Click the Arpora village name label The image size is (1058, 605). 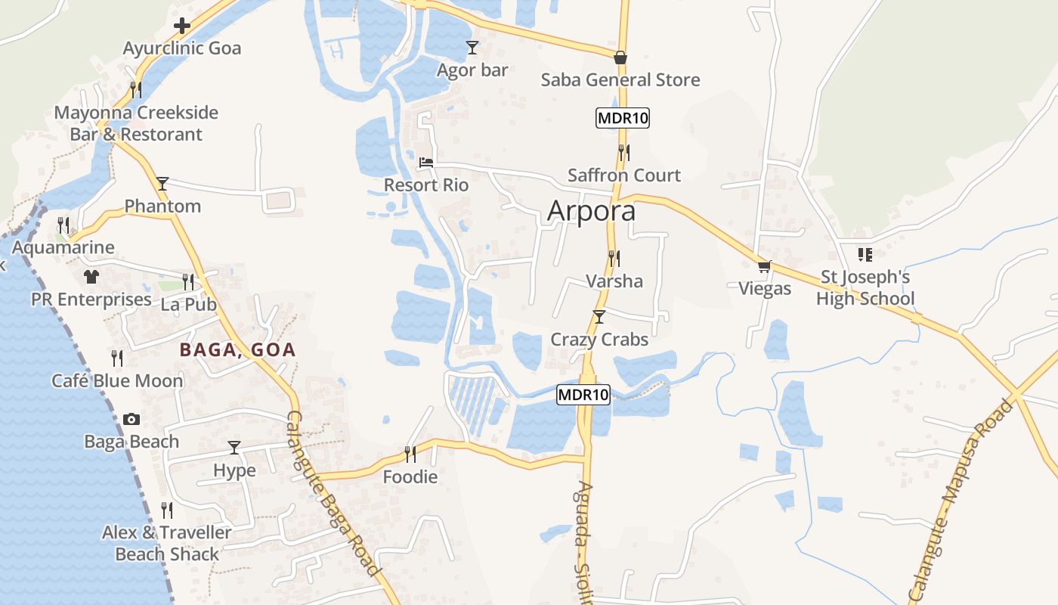(x=591, y=211)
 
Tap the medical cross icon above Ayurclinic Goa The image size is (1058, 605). (x=181, y=26)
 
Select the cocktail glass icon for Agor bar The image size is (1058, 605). (x=472, y=48)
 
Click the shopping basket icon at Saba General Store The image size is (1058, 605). (x=620, y=57)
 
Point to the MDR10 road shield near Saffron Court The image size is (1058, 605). (x=623, y=118)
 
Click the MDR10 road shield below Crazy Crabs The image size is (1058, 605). (x=583, y=394)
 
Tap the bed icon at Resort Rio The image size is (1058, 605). (x=426, y=162)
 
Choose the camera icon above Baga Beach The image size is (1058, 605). (x=131, y=419)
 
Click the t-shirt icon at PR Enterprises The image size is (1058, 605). (x=91, y=277)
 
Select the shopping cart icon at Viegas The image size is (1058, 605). (x=765, y=266)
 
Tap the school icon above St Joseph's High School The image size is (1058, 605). (x=865, y=254)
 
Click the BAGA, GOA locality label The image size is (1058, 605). (x=237, y=350)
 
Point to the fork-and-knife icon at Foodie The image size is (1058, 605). (x=410, y=454)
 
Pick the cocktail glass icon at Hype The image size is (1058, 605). (x=234, y=448)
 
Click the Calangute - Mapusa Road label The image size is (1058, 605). (x=962, y=499)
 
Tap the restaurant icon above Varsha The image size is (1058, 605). (x=614, y=259)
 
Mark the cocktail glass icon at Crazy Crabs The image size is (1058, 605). (x=599, y=316)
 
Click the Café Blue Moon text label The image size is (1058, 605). (x=117, y=380)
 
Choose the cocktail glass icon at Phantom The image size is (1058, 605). (x=162, y=183)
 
